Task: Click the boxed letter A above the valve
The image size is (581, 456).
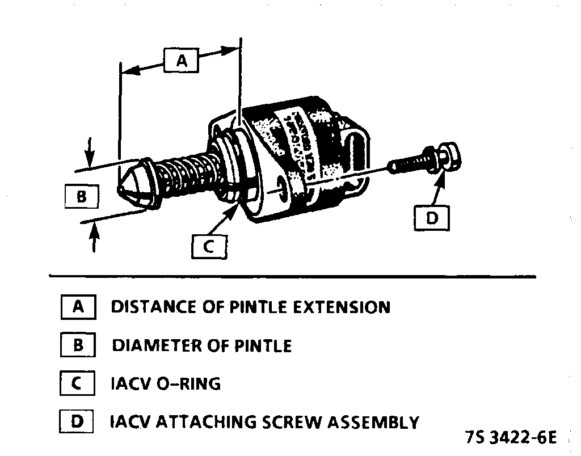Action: click(181, 60)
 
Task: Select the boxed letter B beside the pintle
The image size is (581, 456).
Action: click(81, 197)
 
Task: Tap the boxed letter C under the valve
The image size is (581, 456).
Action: click(208, 247)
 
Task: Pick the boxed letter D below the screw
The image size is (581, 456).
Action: click(432, 218)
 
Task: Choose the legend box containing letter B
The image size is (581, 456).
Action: click(78, 345)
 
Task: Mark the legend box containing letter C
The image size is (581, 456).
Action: click(77, 384)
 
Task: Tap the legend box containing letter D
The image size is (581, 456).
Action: click(77, 422)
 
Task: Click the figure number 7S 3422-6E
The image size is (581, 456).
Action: click(511, 438)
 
